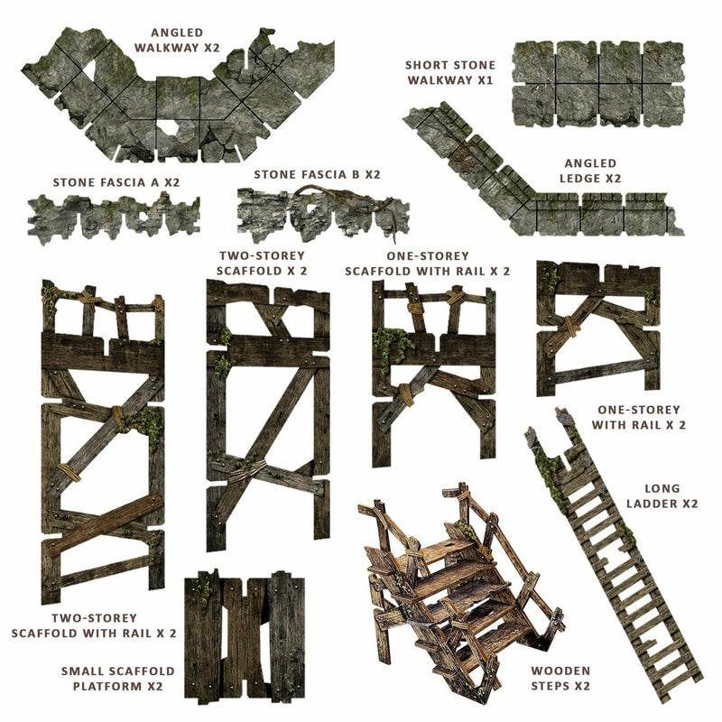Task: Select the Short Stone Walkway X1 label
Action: (449, 72)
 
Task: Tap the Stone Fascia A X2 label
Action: (116, 182)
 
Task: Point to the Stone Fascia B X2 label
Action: (317, 174)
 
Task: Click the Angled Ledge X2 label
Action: (592, 171)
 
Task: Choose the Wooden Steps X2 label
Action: (560, 678)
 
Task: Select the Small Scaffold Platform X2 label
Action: (112, 679)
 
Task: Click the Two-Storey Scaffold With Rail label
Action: (94, 625)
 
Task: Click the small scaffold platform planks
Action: (244, 624)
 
